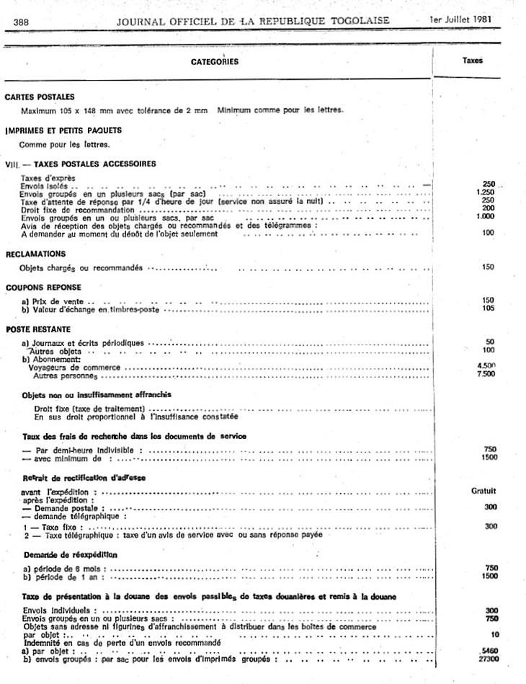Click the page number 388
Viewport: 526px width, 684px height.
tap(20, 21)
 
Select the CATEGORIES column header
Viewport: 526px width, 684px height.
tap(214, 62)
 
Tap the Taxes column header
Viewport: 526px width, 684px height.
tap(473, 61)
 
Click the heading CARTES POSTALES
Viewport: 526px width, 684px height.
tap(40, 97)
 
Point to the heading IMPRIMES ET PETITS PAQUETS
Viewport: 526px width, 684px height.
tap(63, 130)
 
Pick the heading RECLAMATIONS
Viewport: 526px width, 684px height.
tap(36, 254)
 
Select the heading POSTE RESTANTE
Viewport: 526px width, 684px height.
tap(35, 328)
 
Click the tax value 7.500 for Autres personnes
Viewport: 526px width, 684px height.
tap(486, 375)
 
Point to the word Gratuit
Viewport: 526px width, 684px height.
tap(483, 491)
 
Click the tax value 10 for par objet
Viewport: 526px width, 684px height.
tap(492, 634)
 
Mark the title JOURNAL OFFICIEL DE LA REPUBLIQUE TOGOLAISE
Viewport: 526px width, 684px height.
tap(253, 20)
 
